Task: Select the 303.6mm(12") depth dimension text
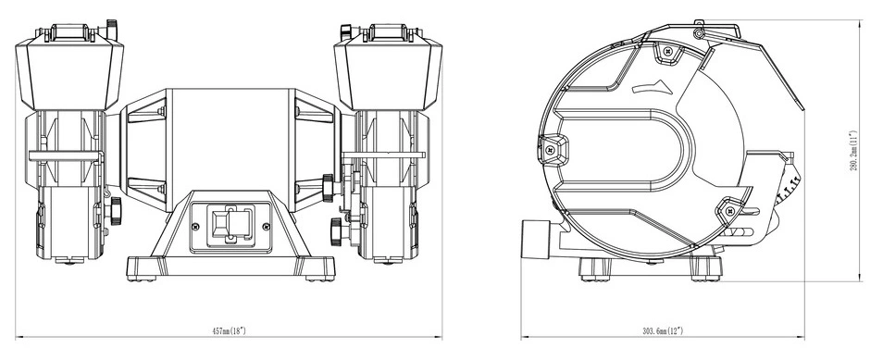click(663, 330)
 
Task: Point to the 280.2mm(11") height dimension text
click(853, 151)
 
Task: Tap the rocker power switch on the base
click(230, 225)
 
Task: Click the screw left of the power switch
click(195, 227)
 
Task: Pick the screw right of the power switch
click(267, 227)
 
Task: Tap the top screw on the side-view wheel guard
click(668, 51)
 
